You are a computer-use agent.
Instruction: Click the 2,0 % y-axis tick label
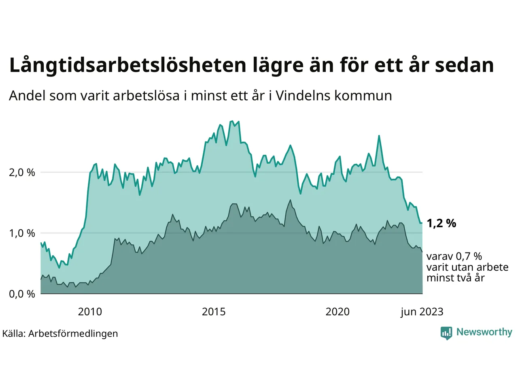(x=22, y=173)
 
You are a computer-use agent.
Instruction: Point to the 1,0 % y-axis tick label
(x=22, y=233)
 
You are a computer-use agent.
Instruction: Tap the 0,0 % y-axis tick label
(x=22, y=294)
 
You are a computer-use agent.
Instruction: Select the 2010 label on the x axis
(x=90, y=312)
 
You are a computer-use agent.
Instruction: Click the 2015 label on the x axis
(x=214, y=312)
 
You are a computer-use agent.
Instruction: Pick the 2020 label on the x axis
(x=338, y=312)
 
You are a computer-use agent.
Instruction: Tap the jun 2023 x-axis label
(x=422, y=312)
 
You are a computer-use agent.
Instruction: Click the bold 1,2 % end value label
(x=441, y=223)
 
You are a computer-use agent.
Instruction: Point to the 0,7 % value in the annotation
(x=469, y=256)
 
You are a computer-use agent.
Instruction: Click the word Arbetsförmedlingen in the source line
(x=73, y=333)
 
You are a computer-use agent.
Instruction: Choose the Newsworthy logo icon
(x=446, y=333)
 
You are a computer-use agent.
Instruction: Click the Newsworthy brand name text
(x=484, y=332)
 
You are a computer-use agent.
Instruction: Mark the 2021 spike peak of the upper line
(x=379, y=136)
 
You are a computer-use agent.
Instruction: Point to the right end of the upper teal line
(x=422, y=223)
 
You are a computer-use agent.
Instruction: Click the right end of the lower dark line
(x=422, y=252)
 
